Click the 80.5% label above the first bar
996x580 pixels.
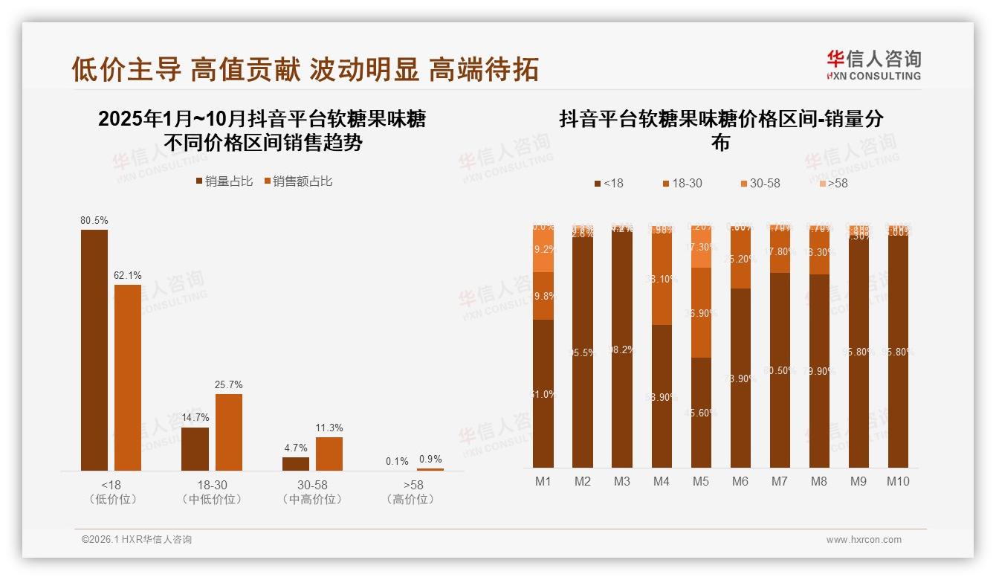[x=94, y=221]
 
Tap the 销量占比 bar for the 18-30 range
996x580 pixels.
[x=195, y=449]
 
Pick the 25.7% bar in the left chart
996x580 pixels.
[x=229, y=432]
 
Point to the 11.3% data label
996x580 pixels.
[x=329, y=428]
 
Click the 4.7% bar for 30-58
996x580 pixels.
[x=296, y=464]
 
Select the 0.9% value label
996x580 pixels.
[x=430, y=460]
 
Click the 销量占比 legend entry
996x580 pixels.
[x=224, y=181]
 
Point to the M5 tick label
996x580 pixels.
[x=701, y=481]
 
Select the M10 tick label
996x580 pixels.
[x=898, y=481]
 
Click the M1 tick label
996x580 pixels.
[x=543, y=481]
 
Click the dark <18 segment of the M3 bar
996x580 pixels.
[x=622, y=349]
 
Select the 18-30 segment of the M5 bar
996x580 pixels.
[x=701, y=312]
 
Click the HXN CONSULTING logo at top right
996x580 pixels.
[x=873, y=65]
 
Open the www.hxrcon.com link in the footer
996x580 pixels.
[x=864, y=540]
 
